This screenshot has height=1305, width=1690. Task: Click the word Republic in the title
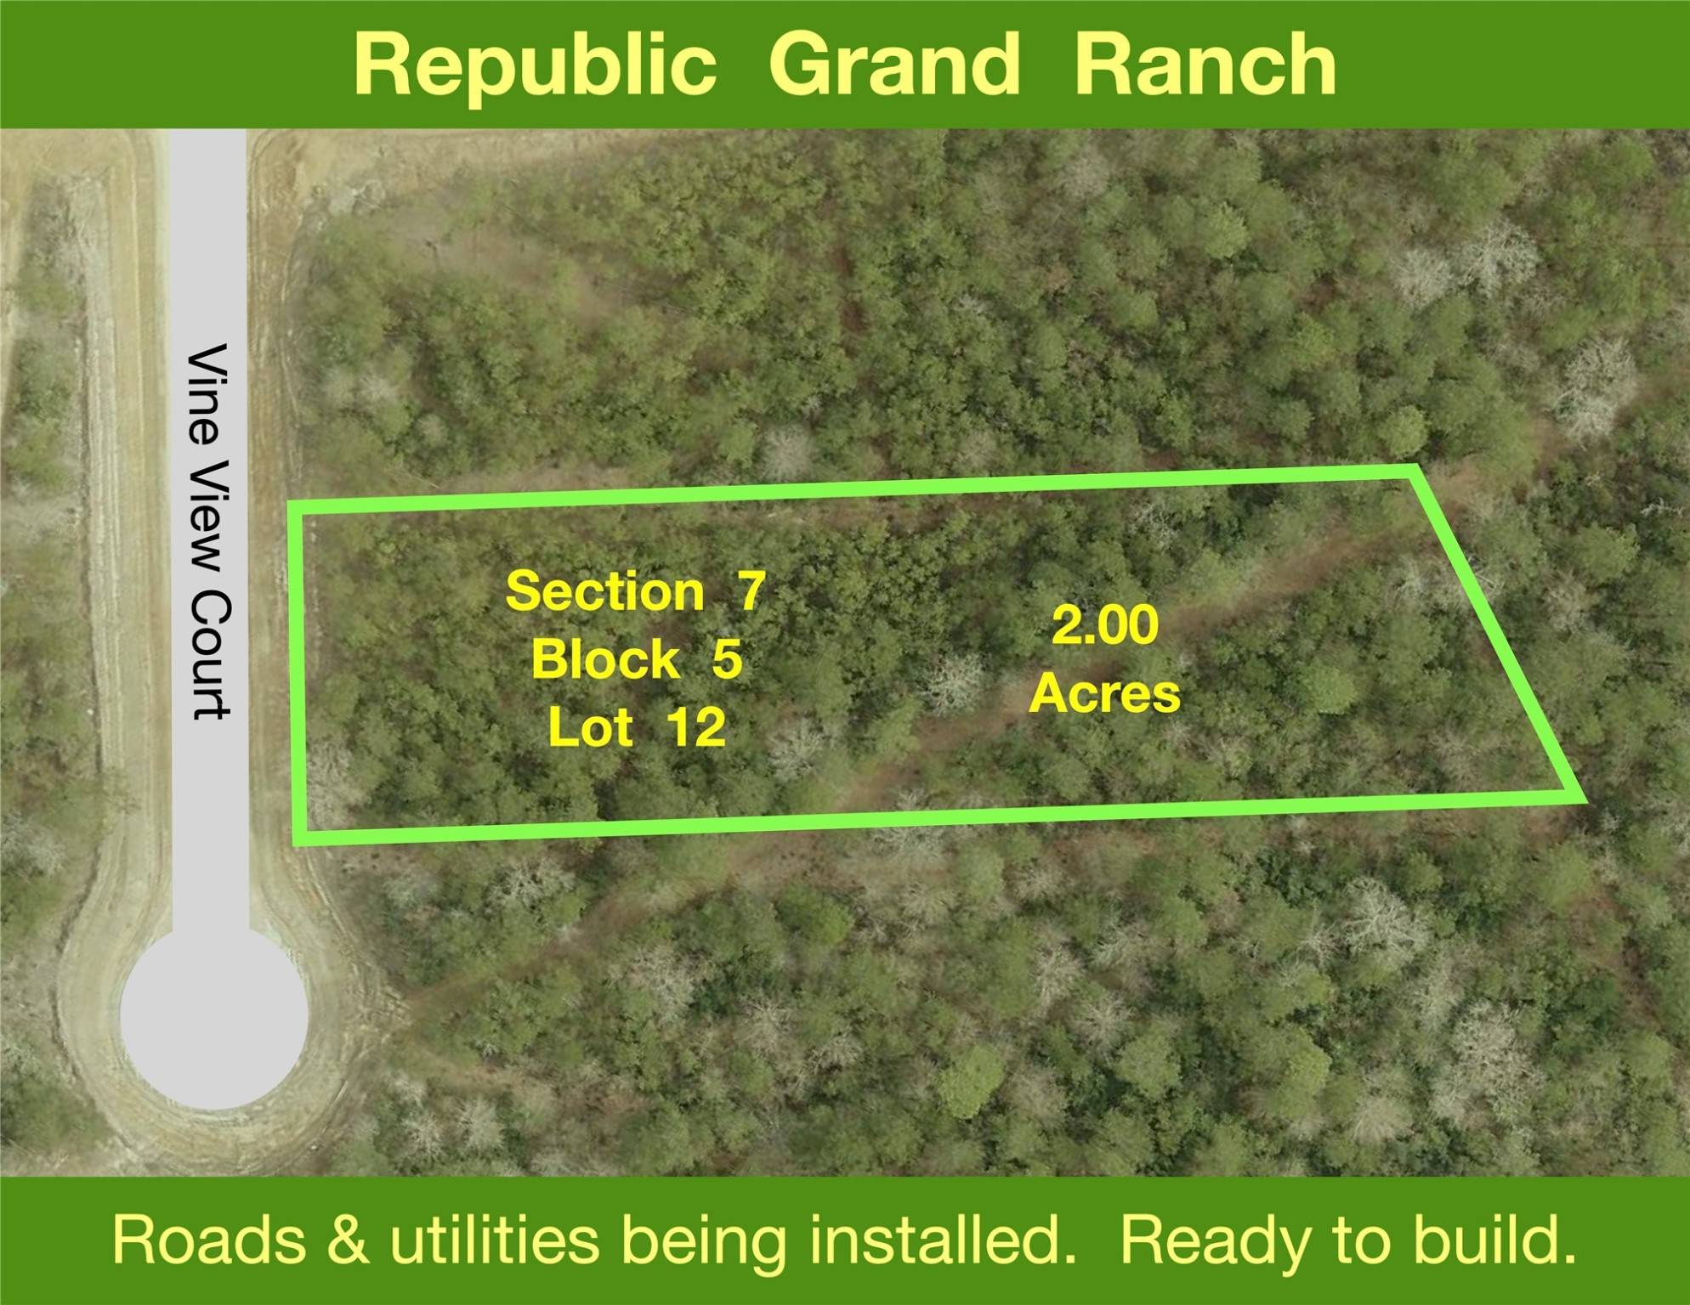click(x=535, y=66)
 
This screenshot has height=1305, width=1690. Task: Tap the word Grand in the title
click(x=893, y=66)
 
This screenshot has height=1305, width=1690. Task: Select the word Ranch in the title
click(x=1205, y=65)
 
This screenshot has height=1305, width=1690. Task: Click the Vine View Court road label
click(x=208, y=531)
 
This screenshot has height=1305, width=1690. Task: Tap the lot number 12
click(x=695, y=727)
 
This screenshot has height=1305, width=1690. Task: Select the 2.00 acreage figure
click(x=1104, y=625)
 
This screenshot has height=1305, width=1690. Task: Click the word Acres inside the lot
click(x=1104, y=693)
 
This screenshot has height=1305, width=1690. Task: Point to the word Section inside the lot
click(x=604, y=590)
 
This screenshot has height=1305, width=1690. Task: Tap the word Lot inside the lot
click(x=590, y=727)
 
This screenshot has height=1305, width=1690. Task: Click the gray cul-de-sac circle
click(x=213, y=1016)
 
